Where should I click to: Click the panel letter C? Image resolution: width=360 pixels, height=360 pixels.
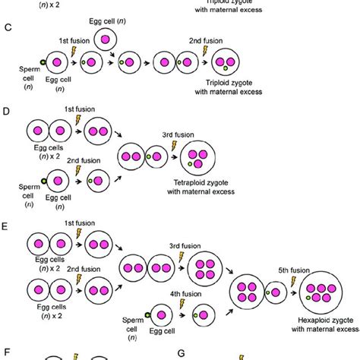[8, 27]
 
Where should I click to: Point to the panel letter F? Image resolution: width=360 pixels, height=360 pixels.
[8, 352]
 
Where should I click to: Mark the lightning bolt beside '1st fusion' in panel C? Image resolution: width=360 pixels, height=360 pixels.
[74, 50]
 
